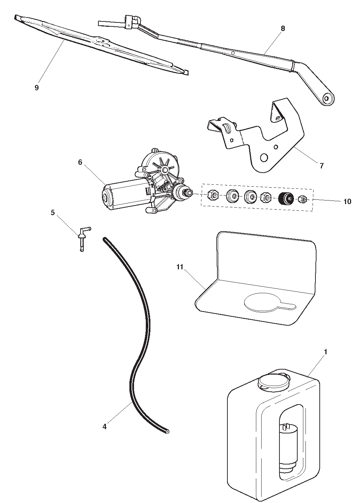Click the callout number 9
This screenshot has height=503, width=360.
36,88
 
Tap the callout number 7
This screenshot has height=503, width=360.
322,166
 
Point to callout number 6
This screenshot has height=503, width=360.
80,162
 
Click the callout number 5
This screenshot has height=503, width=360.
53,213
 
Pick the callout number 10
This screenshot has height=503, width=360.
347,202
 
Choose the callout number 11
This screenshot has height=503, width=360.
180,267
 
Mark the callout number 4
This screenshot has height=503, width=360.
104,426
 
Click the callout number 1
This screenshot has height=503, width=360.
325,352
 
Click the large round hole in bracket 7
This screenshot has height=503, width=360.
264,158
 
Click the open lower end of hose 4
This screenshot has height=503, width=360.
167,432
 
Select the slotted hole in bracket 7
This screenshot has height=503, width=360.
226,128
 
